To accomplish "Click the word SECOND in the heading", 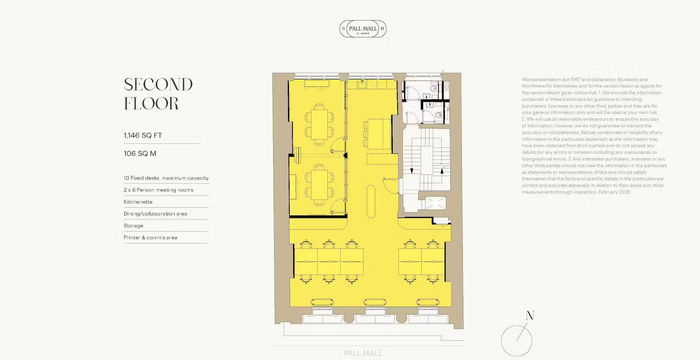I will coord(158,84).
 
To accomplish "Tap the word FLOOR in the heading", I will coord(151,104).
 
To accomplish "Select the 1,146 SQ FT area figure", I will coord(145,134).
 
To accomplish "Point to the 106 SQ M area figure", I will coord(142,156).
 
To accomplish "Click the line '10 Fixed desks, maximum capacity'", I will coord(166,177).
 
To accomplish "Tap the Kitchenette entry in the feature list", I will coord(137,201).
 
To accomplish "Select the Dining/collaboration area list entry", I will coord(155,213).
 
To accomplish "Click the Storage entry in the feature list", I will coord(133,225).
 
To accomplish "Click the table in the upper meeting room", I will coord(318,123).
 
